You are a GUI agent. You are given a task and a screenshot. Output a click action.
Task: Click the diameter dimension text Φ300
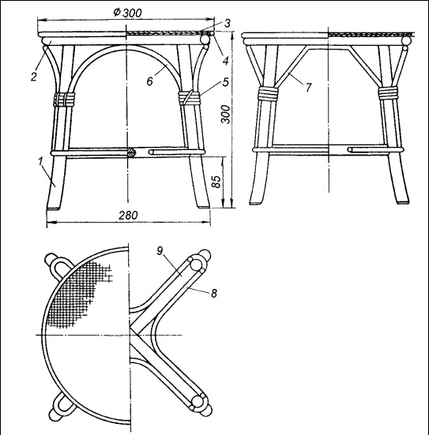click(x=127, y=13)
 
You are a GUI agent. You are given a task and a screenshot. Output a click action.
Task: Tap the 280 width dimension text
click(x=128, y=216)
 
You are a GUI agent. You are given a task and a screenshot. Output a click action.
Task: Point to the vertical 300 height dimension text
click(x=225, y=114)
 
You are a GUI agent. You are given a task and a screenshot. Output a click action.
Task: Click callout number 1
click(x=41, y=161)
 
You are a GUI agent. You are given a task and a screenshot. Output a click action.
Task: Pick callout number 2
click(x=34, y=77)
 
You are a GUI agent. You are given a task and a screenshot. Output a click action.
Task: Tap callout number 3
click(x=227, y=24)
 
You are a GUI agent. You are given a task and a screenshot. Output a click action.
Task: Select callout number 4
click(x=225, y=61)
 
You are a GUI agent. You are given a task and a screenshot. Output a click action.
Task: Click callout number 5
click(x=225, y=82)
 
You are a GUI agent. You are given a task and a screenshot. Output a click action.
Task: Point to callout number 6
click(x=149, y=81)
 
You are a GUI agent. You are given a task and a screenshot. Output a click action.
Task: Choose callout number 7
click(x=309, y=88)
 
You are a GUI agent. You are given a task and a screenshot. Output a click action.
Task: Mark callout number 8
click(x=213, y=293)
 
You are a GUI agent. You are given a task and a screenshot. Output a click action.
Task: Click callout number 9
click(x=160, y=251)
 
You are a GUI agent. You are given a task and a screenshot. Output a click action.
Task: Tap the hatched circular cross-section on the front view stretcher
click(x=131, y=152)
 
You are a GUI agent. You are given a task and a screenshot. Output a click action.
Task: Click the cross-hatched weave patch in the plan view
click(x=78, y=294)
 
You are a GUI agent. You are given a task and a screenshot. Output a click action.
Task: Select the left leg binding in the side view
click(x=267, y=93)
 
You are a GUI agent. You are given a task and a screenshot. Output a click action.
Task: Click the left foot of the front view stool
click(x=54, y=206)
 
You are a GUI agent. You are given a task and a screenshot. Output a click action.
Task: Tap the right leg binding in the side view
click(x=388, y=93)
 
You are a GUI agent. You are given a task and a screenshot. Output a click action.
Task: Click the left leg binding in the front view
click(x=64, y=99)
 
